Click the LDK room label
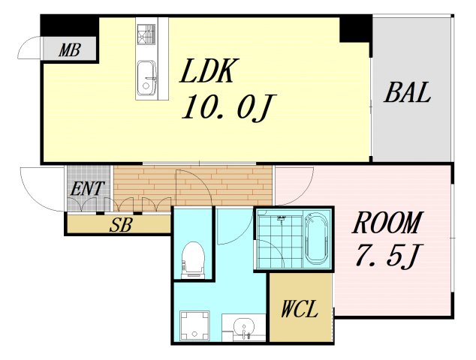pyautogui.click(x=207, y=71)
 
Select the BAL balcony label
pyautogui.click(x=407, y=92)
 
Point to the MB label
pyautogui.click(x=70, y=50)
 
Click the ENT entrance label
pyautogui.click(x=87, y=188)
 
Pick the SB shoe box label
pyautogui.click(x=121, y=225)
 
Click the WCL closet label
pyautogui.click(x=300, y=309)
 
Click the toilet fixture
pyautogui.click(x=193, y=259)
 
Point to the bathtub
pyautogui.click(x=317, y=238)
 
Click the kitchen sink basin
pyautogui.click(x=146, y=78)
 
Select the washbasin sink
pyautogui.click(x=243, y=328)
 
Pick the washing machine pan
pyautogui.click(x=194, y=326)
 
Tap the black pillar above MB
pyautogui.click(x=70, y=25)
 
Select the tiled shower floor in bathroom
pyautogui.click(x=279, y=241)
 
